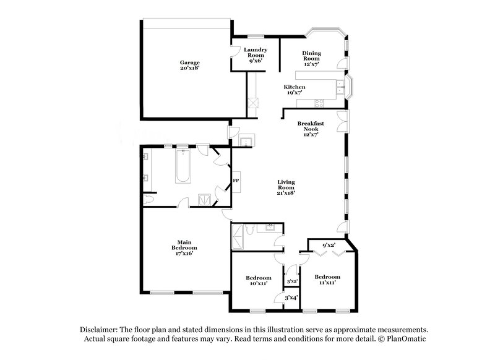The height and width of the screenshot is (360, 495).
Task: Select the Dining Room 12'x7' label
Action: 311,58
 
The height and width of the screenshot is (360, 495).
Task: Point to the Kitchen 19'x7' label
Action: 294,91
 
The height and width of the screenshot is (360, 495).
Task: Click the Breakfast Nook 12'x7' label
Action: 310,128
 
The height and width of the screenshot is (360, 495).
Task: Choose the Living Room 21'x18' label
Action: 285,187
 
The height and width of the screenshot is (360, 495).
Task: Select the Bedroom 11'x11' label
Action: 327,280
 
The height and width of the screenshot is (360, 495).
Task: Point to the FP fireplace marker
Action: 236,181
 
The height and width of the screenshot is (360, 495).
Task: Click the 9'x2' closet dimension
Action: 329,246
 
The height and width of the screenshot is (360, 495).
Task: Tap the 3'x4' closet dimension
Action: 291,298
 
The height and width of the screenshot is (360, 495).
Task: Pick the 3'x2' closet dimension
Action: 292,282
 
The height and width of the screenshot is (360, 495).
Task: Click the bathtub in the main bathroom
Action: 183,166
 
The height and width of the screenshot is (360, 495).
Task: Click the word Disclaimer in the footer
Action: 99,330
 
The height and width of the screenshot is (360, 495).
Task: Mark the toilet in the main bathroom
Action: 148,200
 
